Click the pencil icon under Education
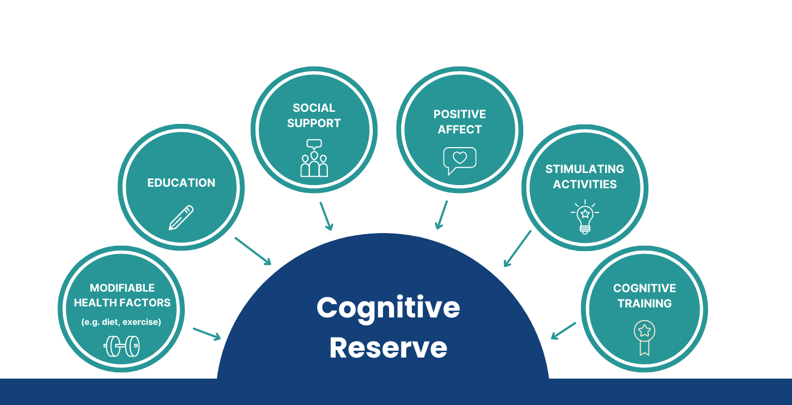click(181, 217)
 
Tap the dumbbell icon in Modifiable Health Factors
click(122, 346)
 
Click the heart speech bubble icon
click(459, 160)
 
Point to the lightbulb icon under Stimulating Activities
click(584, 217)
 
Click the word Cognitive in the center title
click(388, 307)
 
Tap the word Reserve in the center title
click(388, 348)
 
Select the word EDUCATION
click(181, 183)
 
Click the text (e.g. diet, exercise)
click(121, 322)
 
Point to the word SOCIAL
click(314, 108)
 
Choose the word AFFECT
click(459, 130)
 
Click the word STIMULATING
click(584, 169)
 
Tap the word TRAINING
click(644, 304)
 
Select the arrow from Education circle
click(252, 250)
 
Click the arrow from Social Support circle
click(326, 216)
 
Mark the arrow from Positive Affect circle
click(441, 215)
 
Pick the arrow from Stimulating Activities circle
click(517, 248)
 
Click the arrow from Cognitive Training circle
click(563, 331)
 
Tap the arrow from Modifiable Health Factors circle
click(206, 334)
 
